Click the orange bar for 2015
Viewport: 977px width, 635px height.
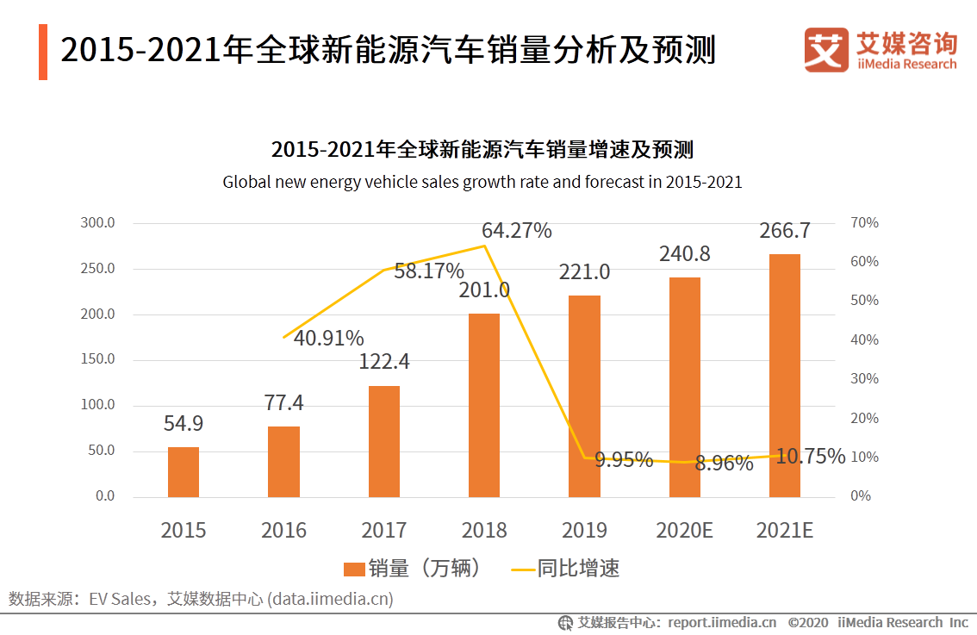(183, 472)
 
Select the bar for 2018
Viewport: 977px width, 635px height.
(483, 405)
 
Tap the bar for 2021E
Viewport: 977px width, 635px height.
(784, 376)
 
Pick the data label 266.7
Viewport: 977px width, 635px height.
(784, 231)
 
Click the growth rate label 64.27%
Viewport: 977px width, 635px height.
(516, 231)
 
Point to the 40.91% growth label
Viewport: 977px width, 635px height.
(328, 339)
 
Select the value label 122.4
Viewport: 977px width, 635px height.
(383, 362)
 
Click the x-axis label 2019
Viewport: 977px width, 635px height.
(583, 530)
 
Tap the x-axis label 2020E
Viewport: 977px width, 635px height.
(684, 530)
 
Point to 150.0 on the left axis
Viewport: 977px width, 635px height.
(97, 359)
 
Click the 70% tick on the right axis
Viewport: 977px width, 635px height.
(863, 223)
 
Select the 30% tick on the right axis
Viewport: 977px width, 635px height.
(863, 379)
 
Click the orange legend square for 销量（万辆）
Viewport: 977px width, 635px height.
(353, 569)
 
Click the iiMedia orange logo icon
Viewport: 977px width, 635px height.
(826, 50)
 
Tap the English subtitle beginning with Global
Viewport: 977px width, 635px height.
(482, 182)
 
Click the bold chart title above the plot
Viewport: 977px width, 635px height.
(482, 149)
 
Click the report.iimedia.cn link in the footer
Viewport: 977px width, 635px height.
(722, 622)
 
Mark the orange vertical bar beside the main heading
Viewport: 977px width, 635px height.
(43, 52)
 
